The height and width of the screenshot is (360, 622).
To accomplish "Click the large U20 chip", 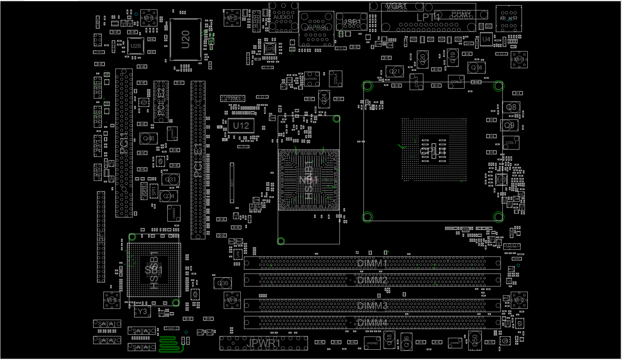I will click(x=186, y=40).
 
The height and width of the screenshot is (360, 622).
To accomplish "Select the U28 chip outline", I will click(x=135, y=46).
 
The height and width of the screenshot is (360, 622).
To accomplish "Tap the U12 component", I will click(x=241, y=126).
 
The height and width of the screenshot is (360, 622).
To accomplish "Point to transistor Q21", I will click(x=395, y=72).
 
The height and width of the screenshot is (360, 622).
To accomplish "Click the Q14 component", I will click(x=476, y=68).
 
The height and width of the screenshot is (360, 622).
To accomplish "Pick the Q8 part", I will click(x=511, y=107).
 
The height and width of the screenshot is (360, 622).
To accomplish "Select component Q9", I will click(x=509, y=125).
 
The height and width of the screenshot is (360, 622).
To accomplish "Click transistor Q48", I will click(x=149, y=138).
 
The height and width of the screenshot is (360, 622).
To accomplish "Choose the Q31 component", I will click(x=171, y=180).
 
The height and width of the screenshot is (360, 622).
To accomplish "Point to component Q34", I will click(x=169, y=196).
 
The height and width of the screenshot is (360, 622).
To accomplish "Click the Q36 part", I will click(x=223, y=283).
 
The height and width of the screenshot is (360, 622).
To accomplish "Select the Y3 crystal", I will click(x=142, y=312).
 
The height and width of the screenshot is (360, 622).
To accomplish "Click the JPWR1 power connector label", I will click(x=263, y=343).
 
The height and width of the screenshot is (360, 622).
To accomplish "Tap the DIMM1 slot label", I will click(x=372, y=263).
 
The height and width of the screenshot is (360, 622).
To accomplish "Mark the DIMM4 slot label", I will click(x=372, y=323).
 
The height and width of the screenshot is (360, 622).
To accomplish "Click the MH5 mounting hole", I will click(x=149, y=18).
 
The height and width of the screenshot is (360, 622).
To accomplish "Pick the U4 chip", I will click(x=486, y=39).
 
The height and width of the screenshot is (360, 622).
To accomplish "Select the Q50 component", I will click(x=475, y=339).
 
